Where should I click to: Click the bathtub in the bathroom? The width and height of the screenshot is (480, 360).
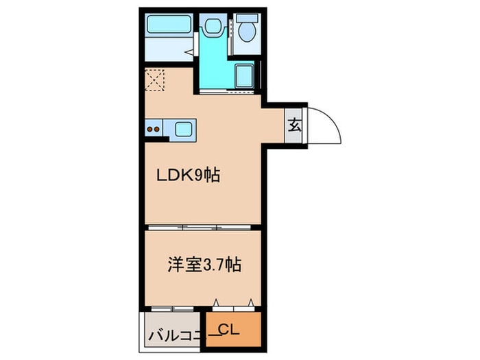click(169, 24)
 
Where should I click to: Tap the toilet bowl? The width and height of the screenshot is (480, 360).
click(247, 31)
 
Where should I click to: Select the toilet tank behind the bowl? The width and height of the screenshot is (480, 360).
click(247, 18)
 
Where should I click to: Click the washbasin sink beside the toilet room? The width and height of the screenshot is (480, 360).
click(213, 26)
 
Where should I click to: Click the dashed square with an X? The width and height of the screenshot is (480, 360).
click(154, 80)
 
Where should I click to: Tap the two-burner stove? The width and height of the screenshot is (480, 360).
click(154, 129)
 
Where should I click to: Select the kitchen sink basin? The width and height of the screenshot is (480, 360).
click(184, 130)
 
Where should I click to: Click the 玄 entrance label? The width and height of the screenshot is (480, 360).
click(294, 125)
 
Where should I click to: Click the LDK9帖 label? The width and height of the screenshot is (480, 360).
click(189, 176)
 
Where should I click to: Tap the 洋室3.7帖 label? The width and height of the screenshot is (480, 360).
click(204, 265)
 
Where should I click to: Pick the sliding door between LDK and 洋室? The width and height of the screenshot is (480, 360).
click(200, 227)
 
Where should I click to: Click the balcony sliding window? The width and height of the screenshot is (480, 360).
click(172, 309)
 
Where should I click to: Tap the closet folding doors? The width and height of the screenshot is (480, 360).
click(234, 306)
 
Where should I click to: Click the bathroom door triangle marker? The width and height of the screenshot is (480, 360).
click(190, 51)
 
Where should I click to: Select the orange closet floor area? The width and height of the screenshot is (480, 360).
click(233, 329)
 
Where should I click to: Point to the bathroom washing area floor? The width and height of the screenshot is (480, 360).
click(169, 49)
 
